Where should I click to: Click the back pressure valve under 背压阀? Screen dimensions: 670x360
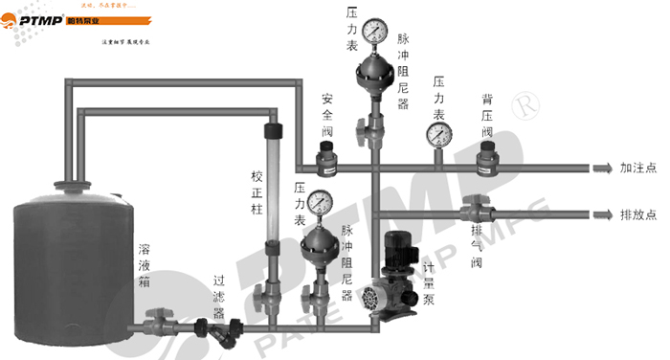point(490,159)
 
